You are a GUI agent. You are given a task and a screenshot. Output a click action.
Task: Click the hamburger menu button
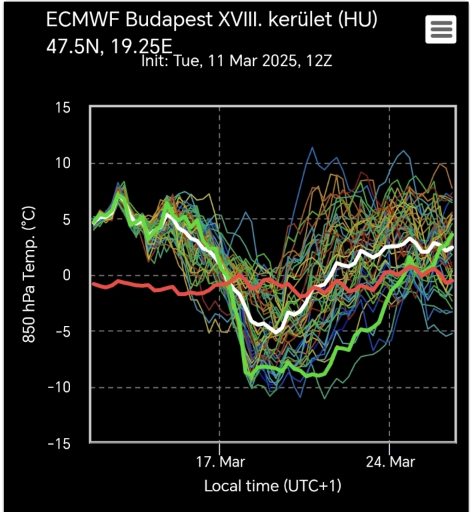440,29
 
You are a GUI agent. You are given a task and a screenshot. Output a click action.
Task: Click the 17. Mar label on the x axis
219,462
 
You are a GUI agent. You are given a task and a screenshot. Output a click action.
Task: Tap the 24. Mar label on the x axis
389,462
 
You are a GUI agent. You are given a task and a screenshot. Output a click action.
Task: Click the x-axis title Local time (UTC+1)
273,486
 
